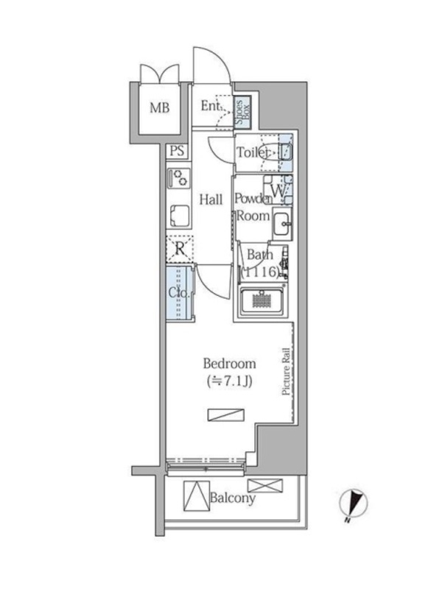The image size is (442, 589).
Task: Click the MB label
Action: [x=160, y=108]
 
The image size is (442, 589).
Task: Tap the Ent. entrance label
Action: [x=211, y=106]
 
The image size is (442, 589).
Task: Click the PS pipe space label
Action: [x=177, y=151]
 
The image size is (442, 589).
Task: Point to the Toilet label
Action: [x=253, y=152]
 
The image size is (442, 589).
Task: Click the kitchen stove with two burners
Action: [x=179, y=178]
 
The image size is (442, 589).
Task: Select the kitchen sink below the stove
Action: [x=180, y=216]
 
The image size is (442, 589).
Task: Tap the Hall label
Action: [x=211, y=199]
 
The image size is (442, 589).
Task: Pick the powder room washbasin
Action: [x=283, y=224]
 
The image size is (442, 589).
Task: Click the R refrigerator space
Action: [x=180, y=249]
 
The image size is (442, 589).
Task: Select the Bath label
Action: [x=260, y=254]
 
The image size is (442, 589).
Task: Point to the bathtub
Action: [x=262, y=302]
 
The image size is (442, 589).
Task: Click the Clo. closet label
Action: [x=178, y=292]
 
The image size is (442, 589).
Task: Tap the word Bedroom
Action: [x=230, y=364]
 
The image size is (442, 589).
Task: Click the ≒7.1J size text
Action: [x=230, y=381]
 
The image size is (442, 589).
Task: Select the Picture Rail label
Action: [x=286, y=371]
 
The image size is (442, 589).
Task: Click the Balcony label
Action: [x=233, y=498]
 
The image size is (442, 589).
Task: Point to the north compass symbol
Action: [x=354, y=504]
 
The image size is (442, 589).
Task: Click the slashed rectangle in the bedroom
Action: [x=226, y=415]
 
